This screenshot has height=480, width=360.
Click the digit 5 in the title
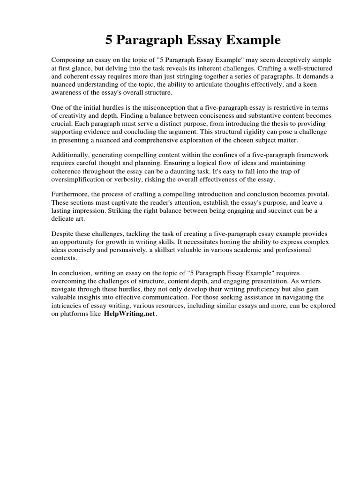click(109, 41)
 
